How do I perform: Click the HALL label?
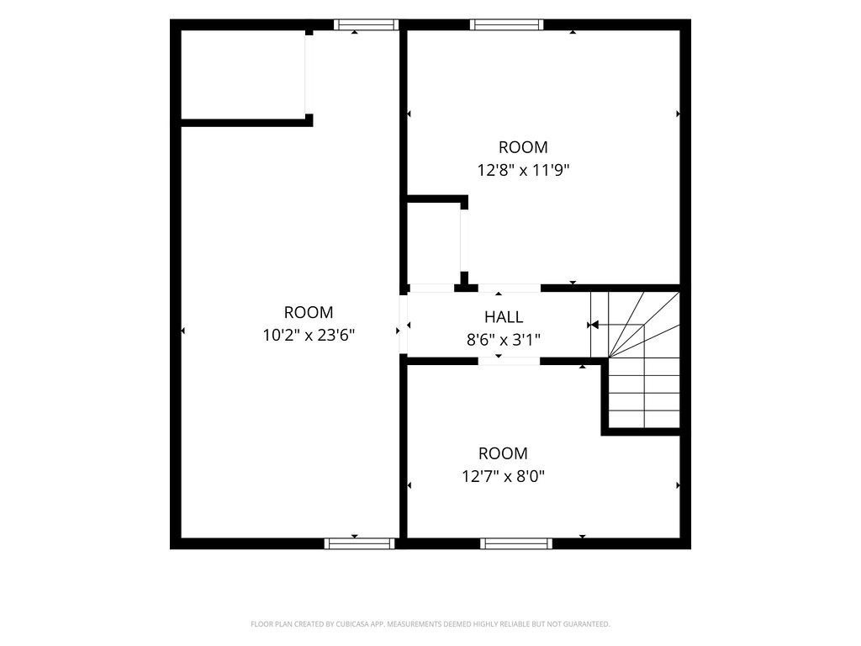(504, 317)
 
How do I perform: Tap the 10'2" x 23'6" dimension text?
(309, 335)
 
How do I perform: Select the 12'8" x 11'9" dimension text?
(523, 170)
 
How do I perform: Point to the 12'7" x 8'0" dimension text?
(503, 476)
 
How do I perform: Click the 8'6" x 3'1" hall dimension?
(504, 340)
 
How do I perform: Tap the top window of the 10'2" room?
(366, 24)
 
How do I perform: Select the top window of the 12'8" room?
(506, 24)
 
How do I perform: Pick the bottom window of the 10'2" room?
(360, 543)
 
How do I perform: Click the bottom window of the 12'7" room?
(516, 543)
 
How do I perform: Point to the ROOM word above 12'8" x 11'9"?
(523, 147)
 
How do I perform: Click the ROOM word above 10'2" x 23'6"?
(309, 313)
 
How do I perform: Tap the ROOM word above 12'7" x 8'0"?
(503, 453)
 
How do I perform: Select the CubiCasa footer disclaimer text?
(430, 624)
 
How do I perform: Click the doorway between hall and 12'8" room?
(510, 288)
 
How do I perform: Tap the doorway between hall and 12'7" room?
(509, 361)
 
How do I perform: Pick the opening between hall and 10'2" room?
(403, 324)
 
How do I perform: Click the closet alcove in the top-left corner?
(243, 74)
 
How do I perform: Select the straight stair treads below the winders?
(644, 393)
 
